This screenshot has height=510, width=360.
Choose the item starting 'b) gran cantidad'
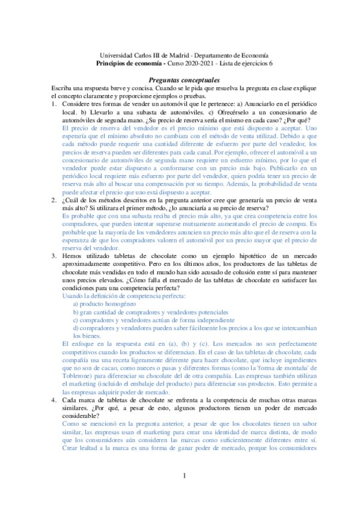coord(150,312)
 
